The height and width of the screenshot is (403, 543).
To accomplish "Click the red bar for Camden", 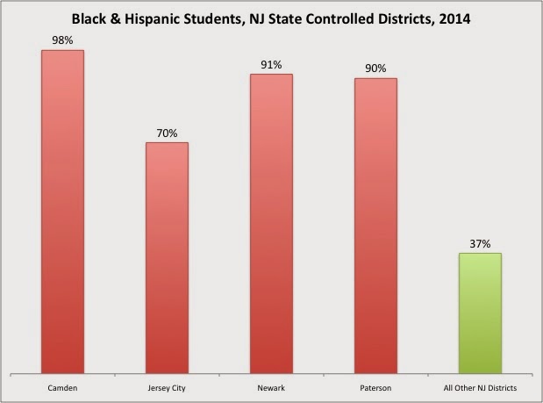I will tap(62, 211).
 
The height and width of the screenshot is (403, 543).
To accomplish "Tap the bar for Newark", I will tap(271, 223).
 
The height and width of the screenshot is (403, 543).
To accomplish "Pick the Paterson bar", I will tap(375, 225).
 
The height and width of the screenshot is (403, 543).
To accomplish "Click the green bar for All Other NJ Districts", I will tap(480, 312).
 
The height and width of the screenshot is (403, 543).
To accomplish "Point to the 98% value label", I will tap(62, 40).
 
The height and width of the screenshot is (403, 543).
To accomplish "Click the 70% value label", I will tap(167, 133).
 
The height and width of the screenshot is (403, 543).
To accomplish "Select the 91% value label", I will tap(271, 64).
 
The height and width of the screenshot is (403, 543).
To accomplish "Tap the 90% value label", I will tap(375, 68).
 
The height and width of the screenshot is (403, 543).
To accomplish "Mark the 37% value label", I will tap(480, 243).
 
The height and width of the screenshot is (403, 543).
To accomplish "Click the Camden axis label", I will tap(62, 386).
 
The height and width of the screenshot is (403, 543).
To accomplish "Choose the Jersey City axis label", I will tap(167, 386).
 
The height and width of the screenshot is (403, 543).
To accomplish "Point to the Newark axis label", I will tap(271, 386).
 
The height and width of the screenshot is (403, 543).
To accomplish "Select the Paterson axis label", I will tap(375, 386).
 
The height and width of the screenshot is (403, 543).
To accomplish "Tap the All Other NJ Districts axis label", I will tap(480, 386).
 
